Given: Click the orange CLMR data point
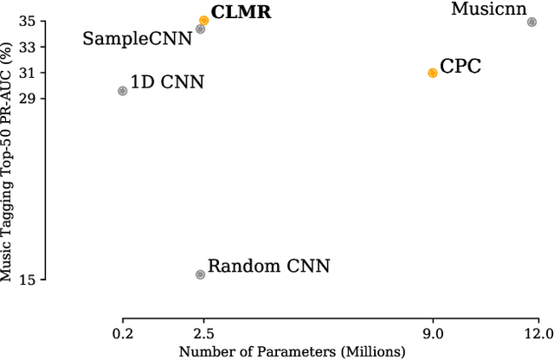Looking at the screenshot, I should (x=203, y=20).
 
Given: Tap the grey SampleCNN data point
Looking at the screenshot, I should (x=200, y=29).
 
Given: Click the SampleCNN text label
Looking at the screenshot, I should (x=137, y=38).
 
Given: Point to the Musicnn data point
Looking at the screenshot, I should (x=531, y=22).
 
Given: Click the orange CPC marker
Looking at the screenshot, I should (x=433, y=73).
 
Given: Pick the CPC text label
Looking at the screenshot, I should (x=461, y=66).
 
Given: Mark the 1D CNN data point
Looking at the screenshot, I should (x=122, y=90).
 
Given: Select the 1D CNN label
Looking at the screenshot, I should (x=167, y=83).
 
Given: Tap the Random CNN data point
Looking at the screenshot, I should (x=200, y=274).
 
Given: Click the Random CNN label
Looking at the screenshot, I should (x=269, y=267).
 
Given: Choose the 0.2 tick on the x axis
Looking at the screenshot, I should (x=122, y=333).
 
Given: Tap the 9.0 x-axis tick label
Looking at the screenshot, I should (x=433, y=333).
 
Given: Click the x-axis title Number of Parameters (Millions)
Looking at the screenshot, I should (x=292, y=351).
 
